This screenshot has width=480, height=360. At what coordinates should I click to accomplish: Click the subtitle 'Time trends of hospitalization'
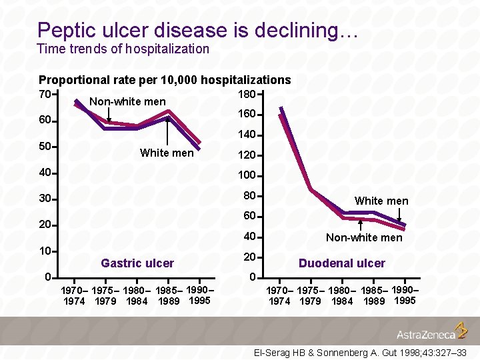coord(123,49)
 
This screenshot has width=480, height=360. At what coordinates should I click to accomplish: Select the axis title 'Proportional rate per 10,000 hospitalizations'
coord(165,80)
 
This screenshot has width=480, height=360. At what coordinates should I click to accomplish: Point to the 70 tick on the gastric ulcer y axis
coord(45,94)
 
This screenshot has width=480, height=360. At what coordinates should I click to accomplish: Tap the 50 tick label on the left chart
coord(45,146)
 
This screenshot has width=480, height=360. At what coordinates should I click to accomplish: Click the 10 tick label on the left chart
coord(45,251)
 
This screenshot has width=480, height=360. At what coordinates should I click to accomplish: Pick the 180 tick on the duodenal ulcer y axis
coord(247,94)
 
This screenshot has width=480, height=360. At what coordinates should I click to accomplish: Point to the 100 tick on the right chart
coord(247,175)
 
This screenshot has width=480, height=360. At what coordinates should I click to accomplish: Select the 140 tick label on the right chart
coord(247,135)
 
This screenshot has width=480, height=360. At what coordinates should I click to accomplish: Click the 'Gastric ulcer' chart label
coord(137,263)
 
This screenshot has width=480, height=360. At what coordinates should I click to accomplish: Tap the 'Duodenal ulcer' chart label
coord(341,263)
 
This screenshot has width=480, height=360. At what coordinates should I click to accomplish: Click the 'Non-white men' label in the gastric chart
coord(127,101)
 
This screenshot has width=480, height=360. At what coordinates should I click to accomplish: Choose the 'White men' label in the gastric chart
coord(167,153)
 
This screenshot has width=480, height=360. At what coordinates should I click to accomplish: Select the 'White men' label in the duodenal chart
coord(381,201)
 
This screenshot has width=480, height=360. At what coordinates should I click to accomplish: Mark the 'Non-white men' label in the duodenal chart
coord(364,237)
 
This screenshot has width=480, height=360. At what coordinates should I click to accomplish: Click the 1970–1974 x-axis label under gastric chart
coord(74,296)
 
